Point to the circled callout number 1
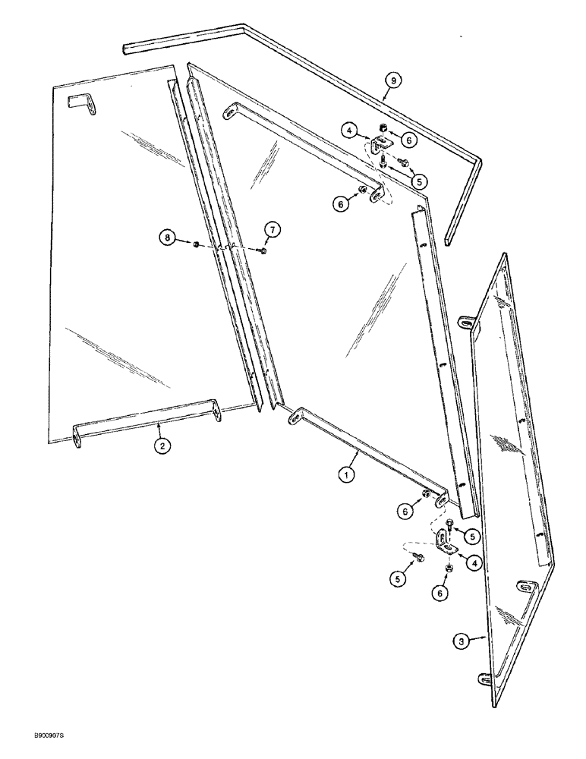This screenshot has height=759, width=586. [346, 476]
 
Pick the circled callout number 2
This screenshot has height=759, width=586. [161, 446]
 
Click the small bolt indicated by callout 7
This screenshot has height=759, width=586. [262, 251]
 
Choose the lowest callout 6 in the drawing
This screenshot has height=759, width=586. [440, 594]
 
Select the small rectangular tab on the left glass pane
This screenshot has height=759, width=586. [80, 103]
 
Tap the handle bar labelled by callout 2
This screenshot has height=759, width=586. [144, 417]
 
